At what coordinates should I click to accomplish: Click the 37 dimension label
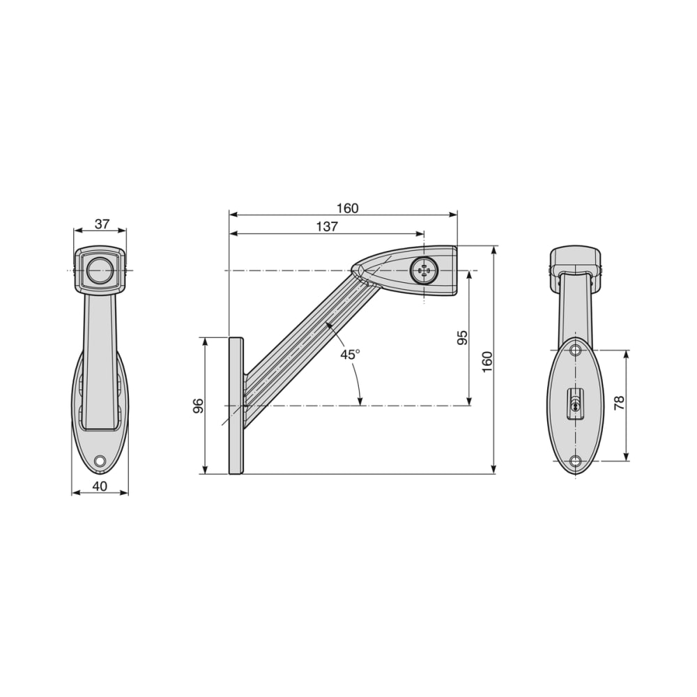click(102, 224)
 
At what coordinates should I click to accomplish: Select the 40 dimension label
click(100, 487)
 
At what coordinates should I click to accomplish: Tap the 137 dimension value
click(327, 227)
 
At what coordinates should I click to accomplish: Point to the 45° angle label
click(351, 354)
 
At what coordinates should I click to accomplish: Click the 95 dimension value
click(463, 338)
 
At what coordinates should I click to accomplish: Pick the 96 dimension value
click(198, 406)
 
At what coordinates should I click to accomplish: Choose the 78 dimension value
click(619, 403)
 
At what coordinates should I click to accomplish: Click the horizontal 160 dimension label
click(347, 208)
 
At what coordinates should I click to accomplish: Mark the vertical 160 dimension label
click(487, 362)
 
